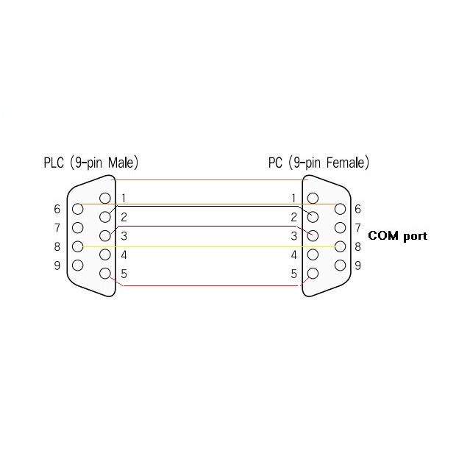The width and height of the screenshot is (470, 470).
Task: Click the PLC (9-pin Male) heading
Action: [90, 163]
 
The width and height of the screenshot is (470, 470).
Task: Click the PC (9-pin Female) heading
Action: [318, 163]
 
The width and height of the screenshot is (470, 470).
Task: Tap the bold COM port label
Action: [397, 236]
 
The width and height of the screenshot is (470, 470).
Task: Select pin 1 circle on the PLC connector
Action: [105, 198]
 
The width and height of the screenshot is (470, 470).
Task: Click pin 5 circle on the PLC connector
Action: [105, 274]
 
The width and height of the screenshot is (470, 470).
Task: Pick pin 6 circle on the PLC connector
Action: [77, 208]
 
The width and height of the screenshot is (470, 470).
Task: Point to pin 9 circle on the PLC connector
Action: [77, 265]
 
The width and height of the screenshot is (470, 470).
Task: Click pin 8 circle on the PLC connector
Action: [77, 246]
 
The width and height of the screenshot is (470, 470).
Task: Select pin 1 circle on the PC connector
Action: [313, 198]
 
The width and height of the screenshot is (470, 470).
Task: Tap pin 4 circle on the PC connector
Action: [313, 254]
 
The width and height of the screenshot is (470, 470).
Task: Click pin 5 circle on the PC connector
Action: [313, 274]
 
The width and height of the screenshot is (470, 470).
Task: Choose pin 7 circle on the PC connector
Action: [340, 227]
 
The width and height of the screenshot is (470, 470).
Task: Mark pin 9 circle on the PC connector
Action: [340, 265]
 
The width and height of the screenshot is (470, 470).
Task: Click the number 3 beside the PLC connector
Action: [124, 236]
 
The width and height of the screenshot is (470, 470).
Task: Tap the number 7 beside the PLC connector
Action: [57, 227]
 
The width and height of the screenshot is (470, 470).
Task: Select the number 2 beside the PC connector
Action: [293, 217]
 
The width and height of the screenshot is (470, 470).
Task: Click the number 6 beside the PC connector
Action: [357, 209]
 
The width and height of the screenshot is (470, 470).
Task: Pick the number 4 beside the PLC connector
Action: [124, 255]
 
